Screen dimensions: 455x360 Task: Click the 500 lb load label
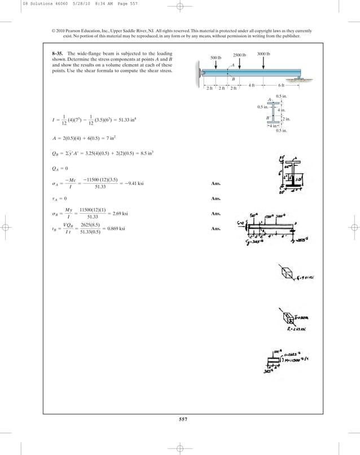coord(216,58)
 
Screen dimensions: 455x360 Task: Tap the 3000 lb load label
coord(264,54)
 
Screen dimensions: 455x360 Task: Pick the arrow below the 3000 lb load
coord(264,63)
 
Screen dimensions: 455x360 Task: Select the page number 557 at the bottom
coord(179,419)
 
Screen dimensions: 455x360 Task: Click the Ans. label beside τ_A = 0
coord(216,199)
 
